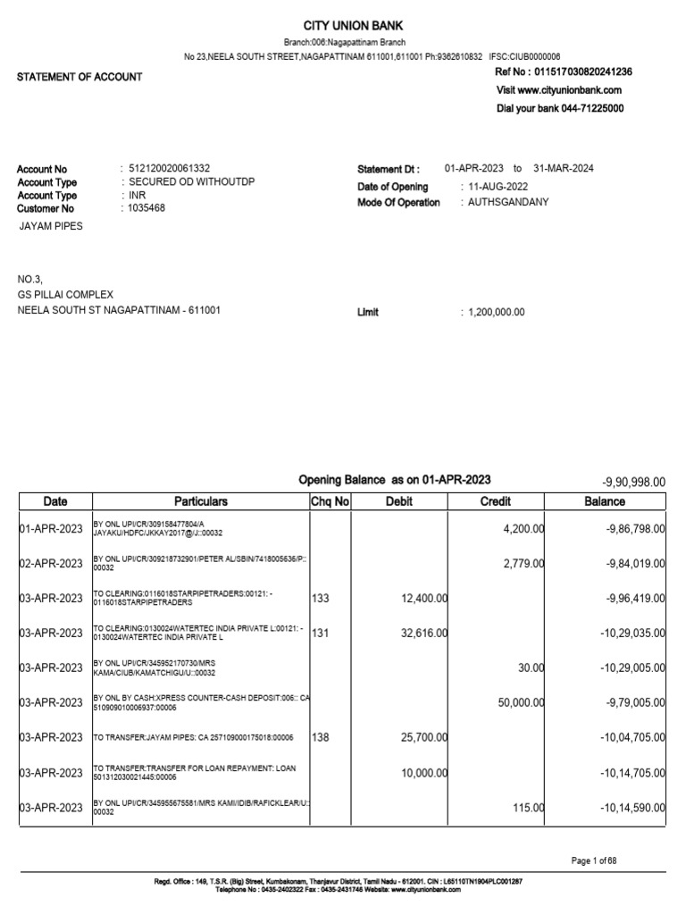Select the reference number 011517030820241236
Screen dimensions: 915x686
pos(582,72)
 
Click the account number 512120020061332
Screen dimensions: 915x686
pos(170,169)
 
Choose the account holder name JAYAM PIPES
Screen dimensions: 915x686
pos(51,227)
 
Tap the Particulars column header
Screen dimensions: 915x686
pos(201,502)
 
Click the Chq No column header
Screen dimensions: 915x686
pos(330,502)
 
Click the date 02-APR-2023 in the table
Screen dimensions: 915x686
pos(54,563)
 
